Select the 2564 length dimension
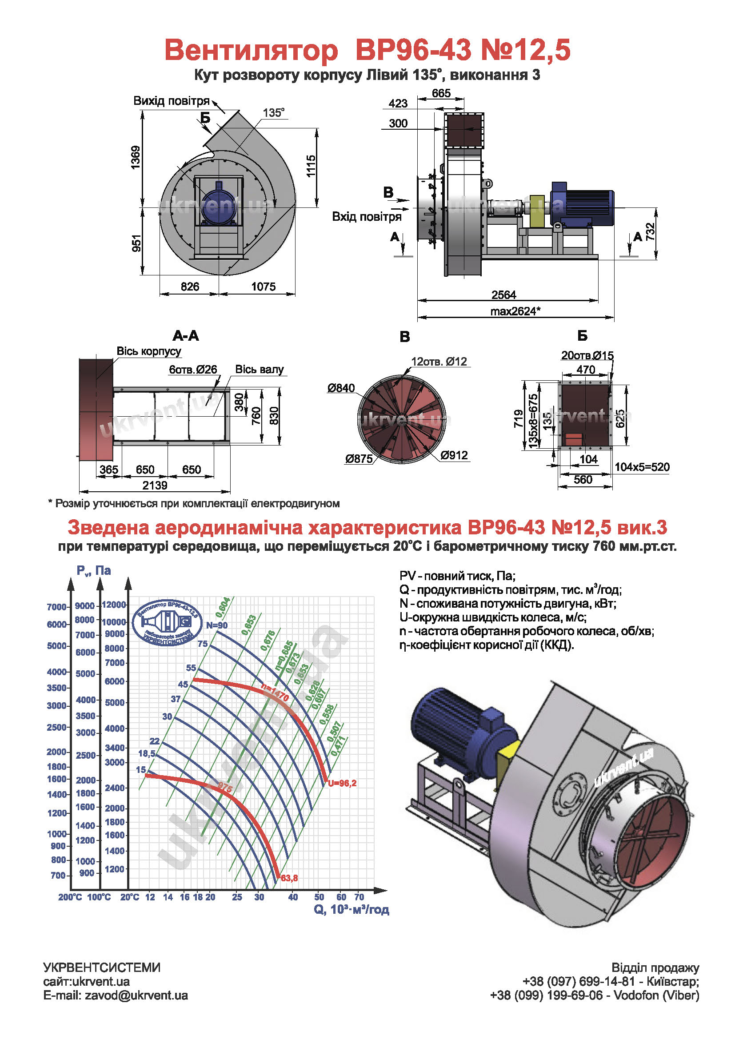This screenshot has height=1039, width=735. point(504,295)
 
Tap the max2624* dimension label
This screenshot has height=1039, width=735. point(515,311)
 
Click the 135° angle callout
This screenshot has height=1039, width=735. point(273,113)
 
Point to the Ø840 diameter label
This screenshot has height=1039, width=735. point(341,388)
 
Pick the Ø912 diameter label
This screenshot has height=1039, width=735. point(454,455)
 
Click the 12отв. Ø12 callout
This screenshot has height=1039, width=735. point(439,362)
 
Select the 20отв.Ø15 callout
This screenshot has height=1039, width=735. point(587,356)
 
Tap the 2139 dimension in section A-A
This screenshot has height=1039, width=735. point(155,486)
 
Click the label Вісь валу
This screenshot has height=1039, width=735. point(260,370)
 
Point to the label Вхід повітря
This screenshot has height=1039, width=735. point(367,217)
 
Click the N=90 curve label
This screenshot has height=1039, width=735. point(217,625)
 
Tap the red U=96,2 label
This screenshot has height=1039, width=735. point(342,783)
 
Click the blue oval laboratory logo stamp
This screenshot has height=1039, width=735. point(168,623)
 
